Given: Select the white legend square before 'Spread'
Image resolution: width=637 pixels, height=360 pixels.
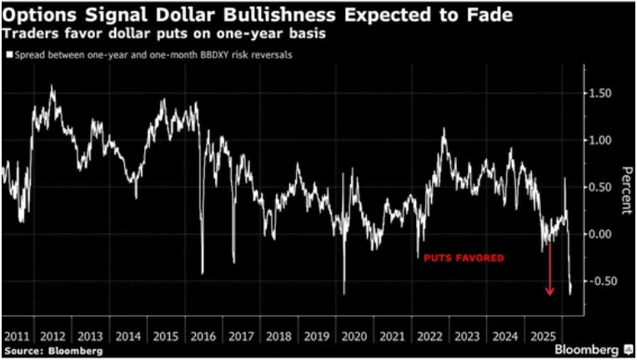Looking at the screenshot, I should pyautogui.click(x=8, y=55).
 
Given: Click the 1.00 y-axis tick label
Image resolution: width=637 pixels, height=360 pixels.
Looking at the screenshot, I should pyautogui.click(x=601, y=140).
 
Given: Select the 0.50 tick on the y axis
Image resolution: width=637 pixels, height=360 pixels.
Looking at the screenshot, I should pyautogui.click(x=601, y=187).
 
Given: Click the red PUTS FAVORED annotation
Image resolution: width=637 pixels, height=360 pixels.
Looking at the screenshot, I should pyautogui.click(x=464, y=258).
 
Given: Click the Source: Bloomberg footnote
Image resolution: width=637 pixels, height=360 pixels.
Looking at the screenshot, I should pyautogui.click(x=53, y=351).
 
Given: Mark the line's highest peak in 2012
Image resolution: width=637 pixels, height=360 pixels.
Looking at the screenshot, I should pyautogui.click(x=53, y=86).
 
